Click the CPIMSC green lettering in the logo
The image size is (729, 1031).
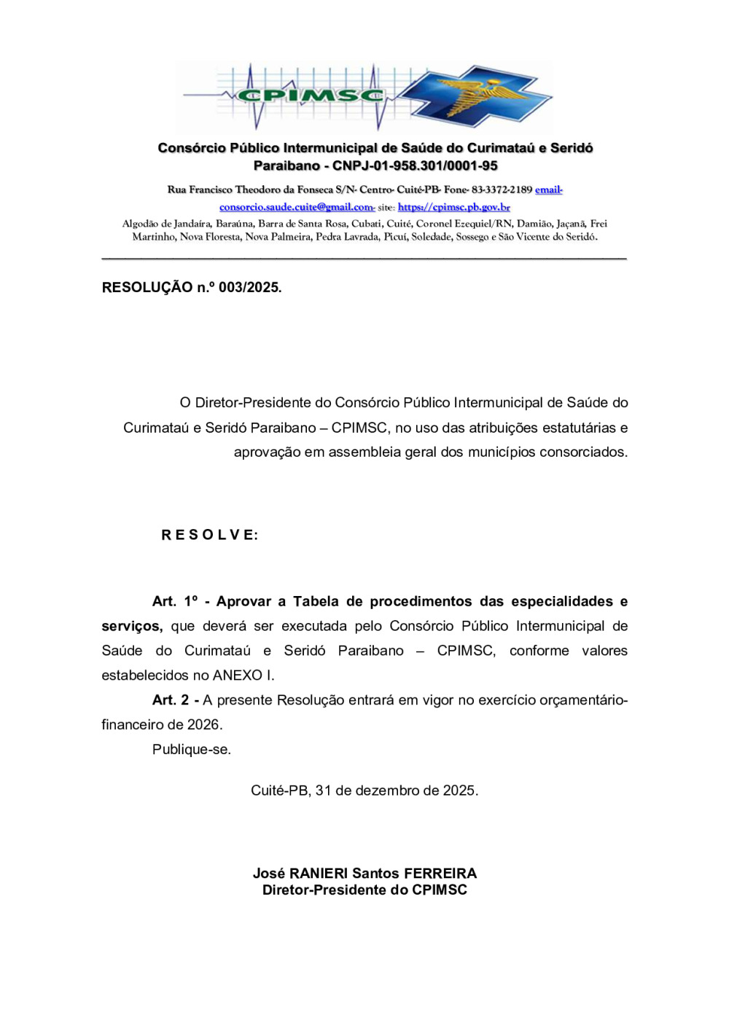(x=310, y=95)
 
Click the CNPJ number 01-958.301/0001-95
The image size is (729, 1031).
(x=415, y=165)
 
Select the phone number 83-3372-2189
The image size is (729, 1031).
(x=502, y=189)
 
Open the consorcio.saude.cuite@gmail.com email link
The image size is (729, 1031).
(x=297, y=207)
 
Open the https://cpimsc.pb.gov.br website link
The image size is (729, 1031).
(x=453, y=207)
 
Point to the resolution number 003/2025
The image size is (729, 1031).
(x=249, y=287)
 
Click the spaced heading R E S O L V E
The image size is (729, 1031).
(x=209, y=535)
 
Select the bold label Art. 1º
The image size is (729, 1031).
(x=174, y=601)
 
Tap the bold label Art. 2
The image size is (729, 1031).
(x=171, y=700)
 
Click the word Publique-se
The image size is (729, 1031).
(x=191, y=750)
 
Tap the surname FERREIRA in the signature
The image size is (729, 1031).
(x=440, y=873)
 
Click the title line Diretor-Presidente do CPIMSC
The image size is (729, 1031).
(x=364, y=890)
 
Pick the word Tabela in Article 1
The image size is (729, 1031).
(x=316, y=601)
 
